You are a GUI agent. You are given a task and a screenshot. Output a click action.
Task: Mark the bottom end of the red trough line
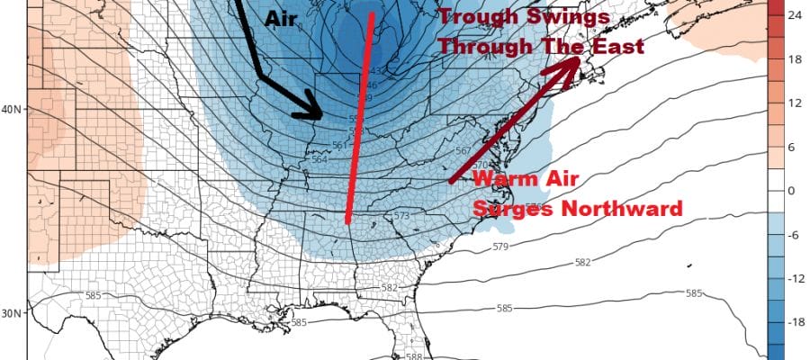346,221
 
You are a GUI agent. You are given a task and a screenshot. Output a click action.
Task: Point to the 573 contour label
401,217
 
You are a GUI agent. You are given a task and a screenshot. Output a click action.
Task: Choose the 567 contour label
463,151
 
